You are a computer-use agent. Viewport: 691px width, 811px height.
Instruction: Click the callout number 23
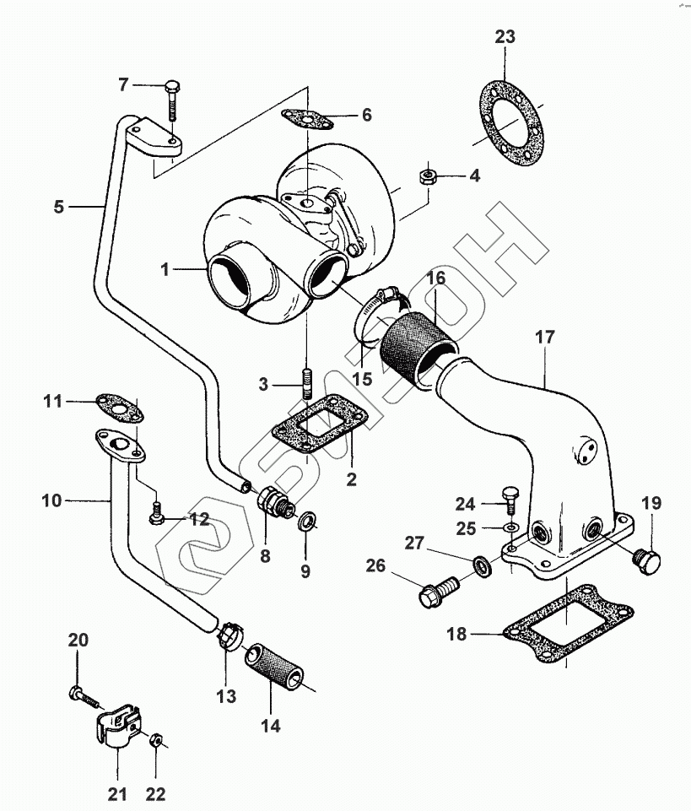pyautogui.click(x=505, y=37)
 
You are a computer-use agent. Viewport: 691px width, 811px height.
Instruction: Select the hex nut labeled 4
pyautogui.click(x=427, y=176)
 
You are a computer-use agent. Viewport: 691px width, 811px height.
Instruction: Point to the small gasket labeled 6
pyautogui.click(x=306, y=120)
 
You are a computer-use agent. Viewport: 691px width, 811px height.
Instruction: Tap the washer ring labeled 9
pyautogui.click(x=306, y=521)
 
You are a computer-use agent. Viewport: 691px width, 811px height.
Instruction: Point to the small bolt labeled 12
pyautogui.click(x=155, y=512)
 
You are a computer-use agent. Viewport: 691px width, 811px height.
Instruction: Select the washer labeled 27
pyautogui.click(x=483, y=566)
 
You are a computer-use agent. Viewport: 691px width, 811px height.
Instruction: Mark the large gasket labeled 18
pyautogui.click(x=569, y=624)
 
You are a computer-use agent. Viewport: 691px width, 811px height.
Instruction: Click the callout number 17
pyautogui.click(x=545, y=338)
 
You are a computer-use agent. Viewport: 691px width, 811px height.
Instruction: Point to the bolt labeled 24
pyautogui.click(x=510, y=499)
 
